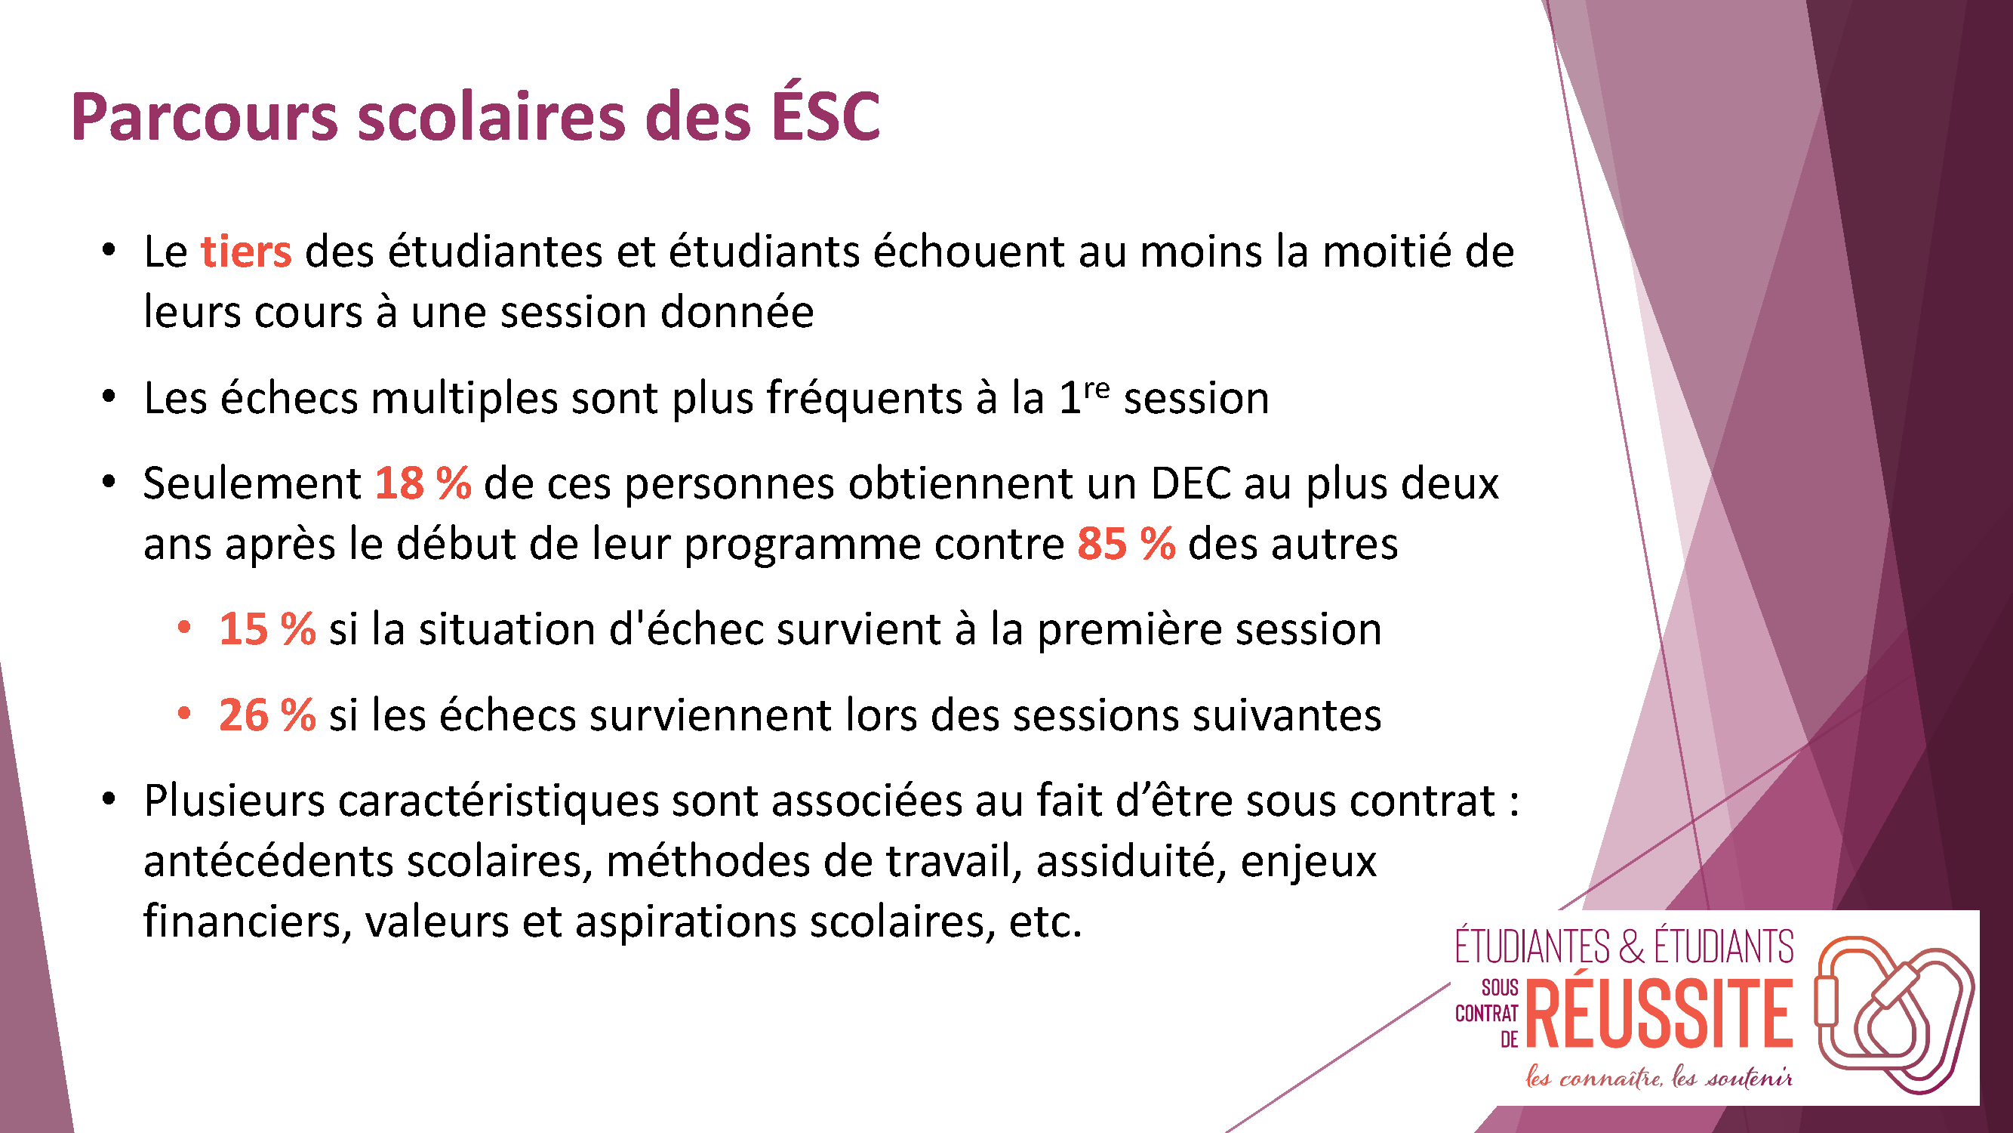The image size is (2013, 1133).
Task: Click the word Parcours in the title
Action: tap(205, 117)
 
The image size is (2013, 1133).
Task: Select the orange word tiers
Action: tap(246, 252)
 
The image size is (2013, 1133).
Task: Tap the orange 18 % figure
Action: tap(423, 483)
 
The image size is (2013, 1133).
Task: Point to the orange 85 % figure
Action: tap(1126, 543)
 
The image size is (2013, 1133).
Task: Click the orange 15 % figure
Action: tap(267, 628)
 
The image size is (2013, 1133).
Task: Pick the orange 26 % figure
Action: tap(267, 715)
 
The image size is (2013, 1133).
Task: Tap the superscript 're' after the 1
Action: tap(1097, 387)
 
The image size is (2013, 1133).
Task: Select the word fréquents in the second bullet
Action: tap(863, 399)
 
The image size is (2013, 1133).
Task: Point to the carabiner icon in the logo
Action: tap(1894, 1014)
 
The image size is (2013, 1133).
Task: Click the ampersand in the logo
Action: tap(1632, 946)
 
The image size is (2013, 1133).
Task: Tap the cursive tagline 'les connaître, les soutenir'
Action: tap(1659, 1078)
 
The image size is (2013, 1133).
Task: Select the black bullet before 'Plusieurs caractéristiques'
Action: tap(109, 798)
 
